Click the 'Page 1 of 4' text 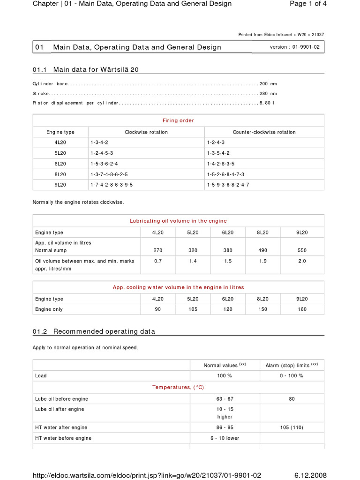(x=304, y=4)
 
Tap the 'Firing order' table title (x=178, y=120)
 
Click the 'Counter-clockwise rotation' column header (x=264, y=132)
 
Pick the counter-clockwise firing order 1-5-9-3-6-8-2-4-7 (x=228, y=185)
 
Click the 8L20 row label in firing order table (x=60, y=174)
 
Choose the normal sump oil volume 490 (x=263, y=250)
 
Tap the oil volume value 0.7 (x=158, y=261)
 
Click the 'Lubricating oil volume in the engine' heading (x=178, y=221)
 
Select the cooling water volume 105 (x=193, y=309)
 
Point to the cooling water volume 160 (x=302, y=309)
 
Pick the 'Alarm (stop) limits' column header (x=292, y=365)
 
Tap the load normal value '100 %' (x=225, y=375)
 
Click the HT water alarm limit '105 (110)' (x=292, y=427)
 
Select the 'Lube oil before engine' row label (x=61, y=399)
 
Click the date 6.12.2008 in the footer (x=310, y=475)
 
